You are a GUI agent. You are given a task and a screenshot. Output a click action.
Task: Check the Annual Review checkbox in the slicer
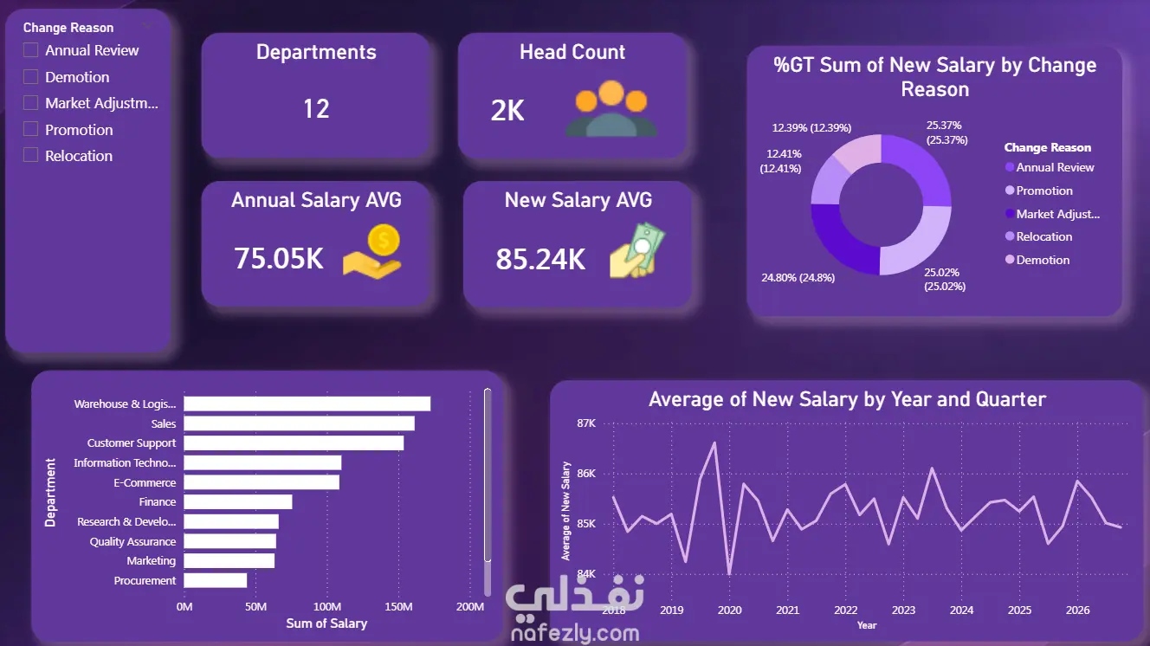coord(31,50)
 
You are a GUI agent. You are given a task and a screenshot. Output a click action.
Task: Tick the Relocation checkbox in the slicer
coord(31,155)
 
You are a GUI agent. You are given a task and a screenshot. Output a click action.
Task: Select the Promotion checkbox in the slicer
coord(31,129)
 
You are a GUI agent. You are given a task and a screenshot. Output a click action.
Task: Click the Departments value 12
coord(316,109)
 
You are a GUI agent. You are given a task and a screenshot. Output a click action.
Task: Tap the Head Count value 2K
coord(507,110)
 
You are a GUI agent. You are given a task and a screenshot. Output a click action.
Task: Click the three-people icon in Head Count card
coord(611,108)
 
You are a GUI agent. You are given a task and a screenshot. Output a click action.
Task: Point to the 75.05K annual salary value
coord(279,258)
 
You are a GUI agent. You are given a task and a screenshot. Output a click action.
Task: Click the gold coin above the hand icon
coord(384,239)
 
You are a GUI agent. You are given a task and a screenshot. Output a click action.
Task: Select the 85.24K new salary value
coord(540,259)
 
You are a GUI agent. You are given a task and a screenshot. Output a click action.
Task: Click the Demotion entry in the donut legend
coord(1037,260)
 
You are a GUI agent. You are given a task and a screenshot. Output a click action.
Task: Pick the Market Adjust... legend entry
coord(1052,214)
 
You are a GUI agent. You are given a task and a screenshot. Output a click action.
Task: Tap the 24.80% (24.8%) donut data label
coord(798,278)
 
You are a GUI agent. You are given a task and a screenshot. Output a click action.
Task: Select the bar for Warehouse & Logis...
coord(307,404)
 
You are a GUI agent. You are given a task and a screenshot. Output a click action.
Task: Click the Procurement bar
coord(215,581)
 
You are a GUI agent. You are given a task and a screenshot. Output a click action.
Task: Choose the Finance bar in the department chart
coord(237,501)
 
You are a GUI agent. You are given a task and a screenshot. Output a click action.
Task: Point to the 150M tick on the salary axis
coord(398,607)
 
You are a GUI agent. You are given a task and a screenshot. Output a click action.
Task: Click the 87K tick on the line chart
coord(586,423)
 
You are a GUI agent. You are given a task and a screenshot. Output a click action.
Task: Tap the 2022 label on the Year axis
coord(845,610)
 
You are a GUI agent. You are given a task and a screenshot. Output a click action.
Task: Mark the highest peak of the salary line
coord(714,443)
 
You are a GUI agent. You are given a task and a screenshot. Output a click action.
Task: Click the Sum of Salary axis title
coord(326,623)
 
